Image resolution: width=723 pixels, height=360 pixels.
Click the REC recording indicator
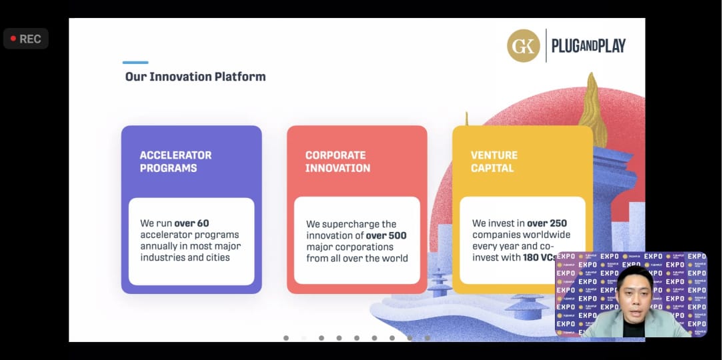pos(26,39)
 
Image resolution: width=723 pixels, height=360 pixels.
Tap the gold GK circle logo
pos(524,45)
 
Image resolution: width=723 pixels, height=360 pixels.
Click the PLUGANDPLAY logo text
pos(588,45)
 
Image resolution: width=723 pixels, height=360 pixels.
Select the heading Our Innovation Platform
pos(195,77)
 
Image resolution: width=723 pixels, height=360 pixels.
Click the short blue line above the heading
pos(135,62)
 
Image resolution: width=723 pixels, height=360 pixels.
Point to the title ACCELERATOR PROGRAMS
pos(175,161)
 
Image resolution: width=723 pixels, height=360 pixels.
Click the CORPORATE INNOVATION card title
pos(337,161)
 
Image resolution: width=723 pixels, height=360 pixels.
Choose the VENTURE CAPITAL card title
pos(494,161)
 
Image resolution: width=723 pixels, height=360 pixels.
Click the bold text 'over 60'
pos(191,223)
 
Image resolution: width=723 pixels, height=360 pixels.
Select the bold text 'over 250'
pos(547,223)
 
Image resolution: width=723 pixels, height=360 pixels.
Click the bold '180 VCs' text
pos(540,258)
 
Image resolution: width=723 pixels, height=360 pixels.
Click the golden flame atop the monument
pos(592,110)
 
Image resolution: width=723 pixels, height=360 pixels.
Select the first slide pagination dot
pos(286,338)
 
